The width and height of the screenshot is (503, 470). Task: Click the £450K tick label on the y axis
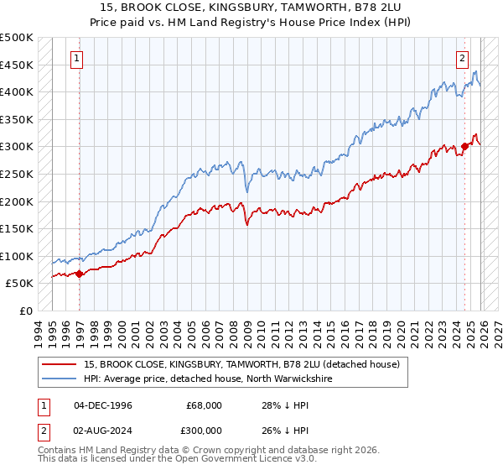[17, 65]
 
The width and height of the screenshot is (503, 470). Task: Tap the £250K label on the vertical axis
[17, 174]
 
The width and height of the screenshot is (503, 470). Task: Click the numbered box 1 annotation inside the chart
[77, 59]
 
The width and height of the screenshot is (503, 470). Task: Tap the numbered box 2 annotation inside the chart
[462, 59]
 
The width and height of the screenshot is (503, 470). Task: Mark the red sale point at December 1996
[79, 274]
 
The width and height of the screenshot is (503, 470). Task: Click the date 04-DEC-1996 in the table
[103, 405]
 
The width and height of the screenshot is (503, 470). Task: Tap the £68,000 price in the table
[203, 405]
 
